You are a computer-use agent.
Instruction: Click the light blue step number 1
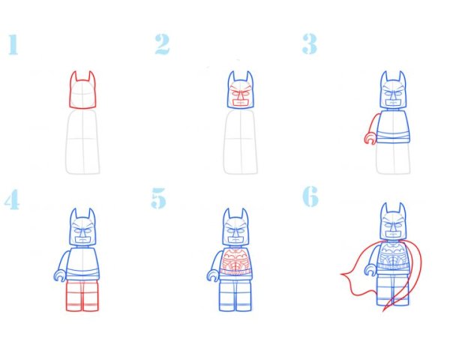pos(13,44)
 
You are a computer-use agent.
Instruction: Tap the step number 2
pos(163,44)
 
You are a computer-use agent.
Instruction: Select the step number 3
pos(309,44)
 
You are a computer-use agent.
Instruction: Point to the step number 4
pos(12,199)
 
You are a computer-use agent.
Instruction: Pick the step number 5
pos(158,198)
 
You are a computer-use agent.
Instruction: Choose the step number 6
pos(310,196)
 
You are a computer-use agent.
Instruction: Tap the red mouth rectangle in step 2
pos(240,103)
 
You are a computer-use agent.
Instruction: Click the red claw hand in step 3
pos(369,139)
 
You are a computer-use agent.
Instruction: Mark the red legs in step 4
pos(82,295)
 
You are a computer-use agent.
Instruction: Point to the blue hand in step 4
pos(60,275)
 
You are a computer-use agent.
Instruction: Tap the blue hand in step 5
pos(213,275)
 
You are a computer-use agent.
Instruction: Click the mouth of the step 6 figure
pos(393,232)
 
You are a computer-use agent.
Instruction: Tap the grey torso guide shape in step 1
pos(82,142)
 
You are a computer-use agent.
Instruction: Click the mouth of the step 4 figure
pos(82,238)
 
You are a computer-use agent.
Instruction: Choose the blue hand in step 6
pos(370,270)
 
